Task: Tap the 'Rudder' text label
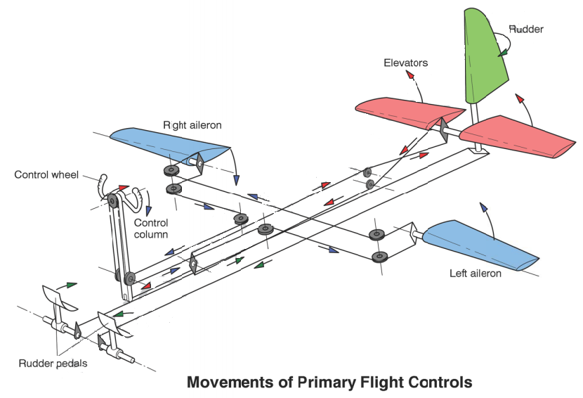(526, 30)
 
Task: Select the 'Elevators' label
(405, 63)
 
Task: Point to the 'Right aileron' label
(192, 125)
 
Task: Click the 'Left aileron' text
(475, 273)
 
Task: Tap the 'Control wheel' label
(46, 174)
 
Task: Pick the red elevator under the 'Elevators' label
(407, 113)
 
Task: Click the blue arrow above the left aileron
(483, 207)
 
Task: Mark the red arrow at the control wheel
(124, 188)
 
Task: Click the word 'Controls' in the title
(438, 383)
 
